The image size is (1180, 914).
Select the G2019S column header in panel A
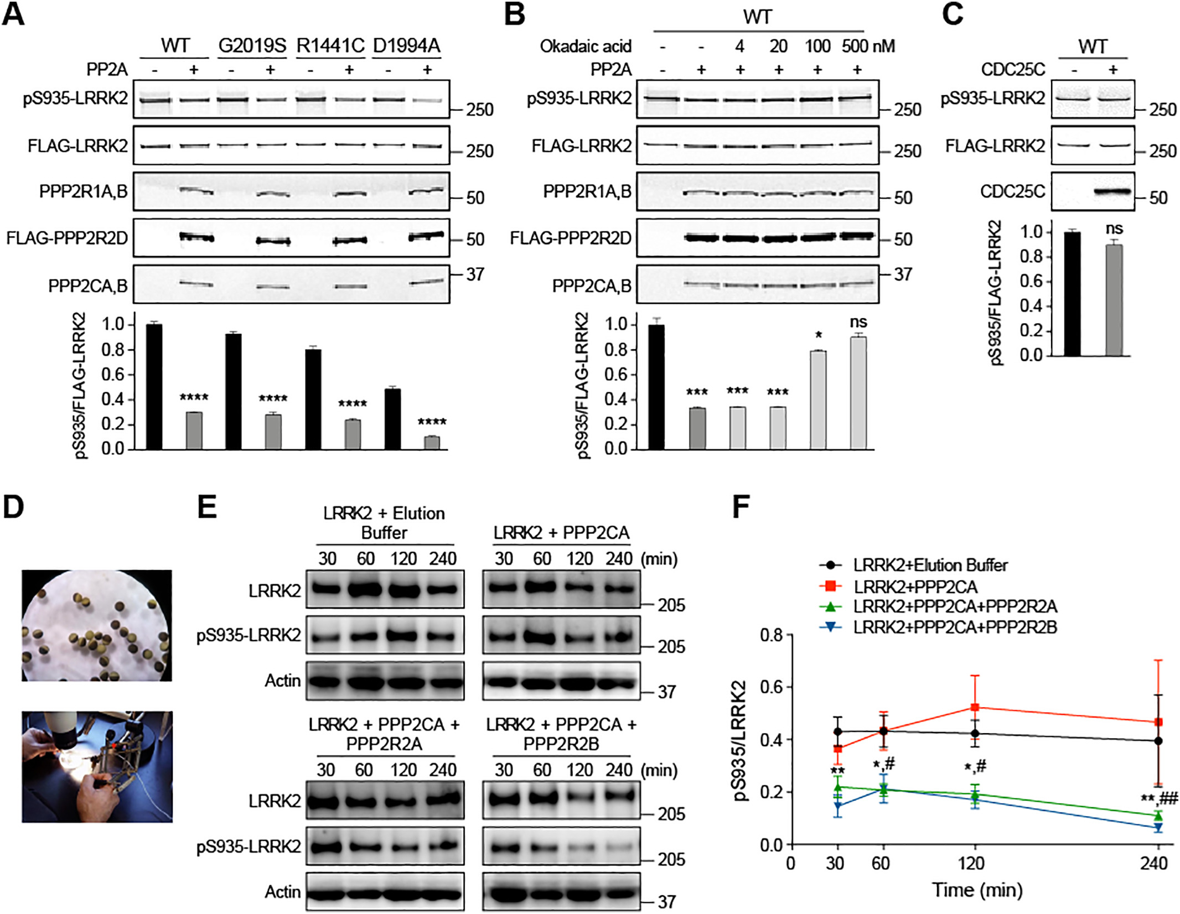252,45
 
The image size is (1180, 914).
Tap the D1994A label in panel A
407,45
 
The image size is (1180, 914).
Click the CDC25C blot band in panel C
1112,192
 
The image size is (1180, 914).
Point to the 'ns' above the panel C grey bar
1114,228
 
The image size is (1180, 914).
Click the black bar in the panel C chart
1072,294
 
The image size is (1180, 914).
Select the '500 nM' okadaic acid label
868,46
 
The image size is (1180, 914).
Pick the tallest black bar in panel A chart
154,386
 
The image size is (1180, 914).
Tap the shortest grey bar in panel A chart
432,443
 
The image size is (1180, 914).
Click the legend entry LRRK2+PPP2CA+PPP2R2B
955,627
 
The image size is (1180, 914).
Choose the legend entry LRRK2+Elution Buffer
930,565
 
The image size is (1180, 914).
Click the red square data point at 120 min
975,707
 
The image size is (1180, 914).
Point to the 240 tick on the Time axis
1154,863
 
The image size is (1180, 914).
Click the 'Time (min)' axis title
977,889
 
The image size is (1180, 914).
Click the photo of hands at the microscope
97,766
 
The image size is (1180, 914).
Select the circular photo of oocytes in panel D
97,625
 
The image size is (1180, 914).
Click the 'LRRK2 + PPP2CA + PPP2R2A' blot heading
384,734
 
